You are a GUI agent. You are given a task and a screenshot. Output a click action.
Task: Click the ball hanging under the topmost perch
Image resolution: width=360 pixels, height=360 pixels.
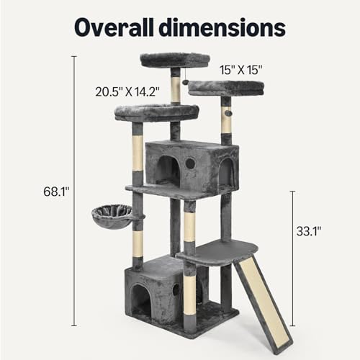click(x=185, y=85)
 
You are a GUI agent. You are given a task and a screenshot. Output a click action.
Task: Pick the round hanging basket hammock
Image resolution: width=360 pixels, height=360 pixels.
click(x=112, y=214)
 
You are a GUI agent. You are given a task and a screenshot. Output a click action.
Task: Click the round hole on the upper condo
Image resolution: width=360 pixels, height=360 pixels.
click(x=190, y=163)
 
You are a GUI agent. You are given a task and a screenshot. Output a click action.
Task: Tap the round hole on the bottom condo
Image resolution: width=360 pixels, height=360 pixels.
click(x=176, y=291)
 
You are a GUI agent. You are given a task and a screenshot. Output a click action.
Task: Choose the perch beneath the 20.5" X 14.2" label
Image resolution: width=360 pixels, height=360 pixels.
click(x=157, y=112)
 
